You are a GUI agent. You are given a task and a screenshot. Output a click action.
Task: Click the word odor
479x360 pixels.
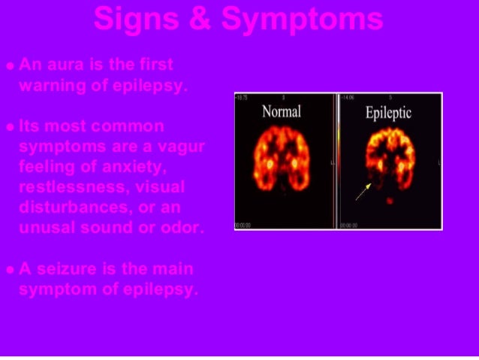point(183,225)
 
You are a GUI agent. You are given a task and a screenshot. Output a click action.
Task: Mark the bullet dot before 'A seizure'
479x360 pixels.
point(9,270)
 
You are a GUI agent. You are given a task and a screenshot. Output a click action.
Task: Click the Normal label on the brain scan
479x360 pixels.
point(282,111)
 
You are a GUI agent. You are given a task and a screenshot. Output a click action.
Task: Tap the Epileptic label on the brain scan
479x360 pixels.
point(389,113)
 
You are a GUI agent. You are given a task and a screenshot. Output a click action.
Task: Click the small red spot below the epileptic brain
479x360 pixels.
point(389,201)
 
